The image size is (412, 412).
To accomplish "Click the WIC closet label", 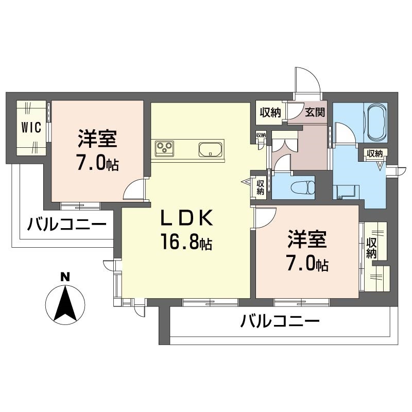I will [x=31, y=128].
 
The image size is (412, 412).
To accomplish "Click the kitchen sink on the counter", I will [x=211, y=149].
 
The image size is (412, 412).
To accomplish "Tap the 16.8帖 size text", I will [x=186, y=242].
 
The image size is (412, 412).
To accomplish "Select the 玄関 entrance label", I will [x=314, y=112].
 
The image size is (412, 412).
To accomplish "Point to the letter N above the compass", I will [x=65, y=277].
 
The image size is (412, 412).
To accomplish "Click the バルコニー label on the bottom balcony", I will [x=280, y=323].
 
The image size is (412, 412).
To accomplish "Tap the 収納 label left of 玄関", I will [x=270, y=112].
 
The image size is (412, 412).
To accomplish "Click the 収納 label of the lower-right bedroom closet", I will [x=372, y=248].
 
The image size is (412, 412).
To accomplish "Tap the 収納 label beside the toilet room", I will [x=261, y=186].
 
